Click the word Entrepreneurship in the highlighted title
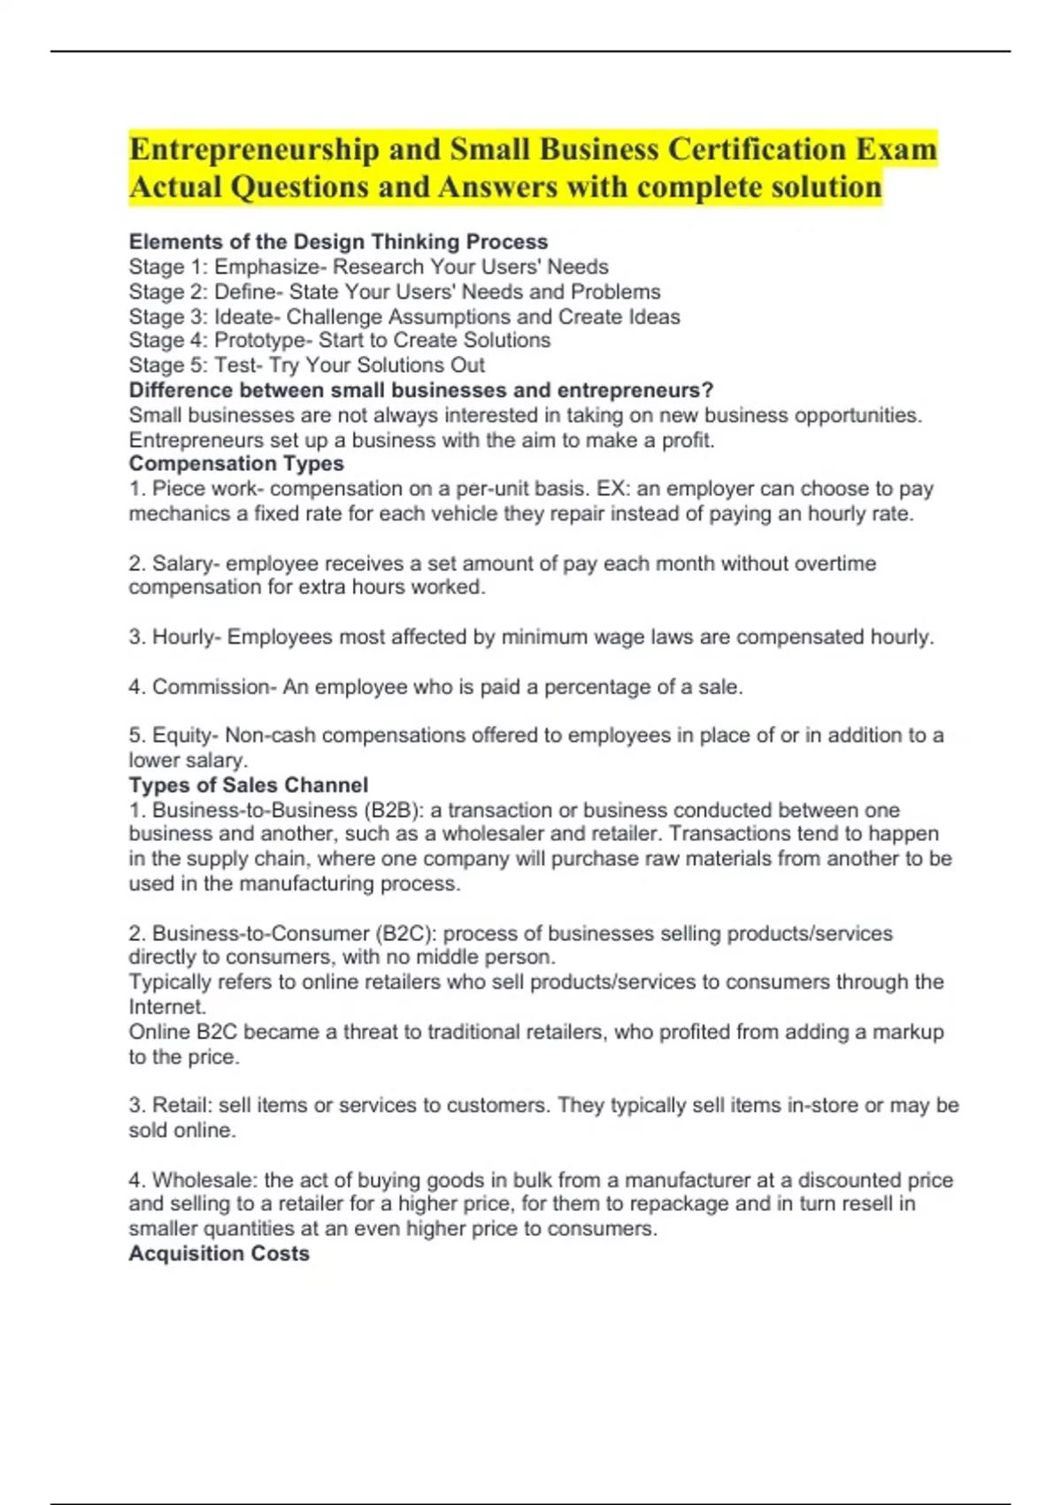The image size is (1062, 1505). point(254,150)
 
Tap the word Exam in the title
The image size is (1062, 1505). point(896,150)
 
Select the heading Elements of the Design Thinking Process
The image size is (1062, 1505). point(338,242)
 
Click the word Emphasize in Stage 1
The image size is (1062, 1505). point(263,266)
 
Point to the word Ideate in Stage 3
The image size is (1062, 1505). point(245,317)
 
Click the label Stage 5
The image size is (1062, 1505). point(166,366)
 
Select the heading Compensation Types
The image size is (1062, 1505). point(236,464)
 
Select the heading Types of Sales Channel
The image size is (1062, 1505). point(248,785)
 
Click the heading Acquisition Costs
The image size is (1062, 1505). point(219,1254)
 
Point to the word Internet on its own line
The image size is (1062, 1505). point(166,1007)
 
